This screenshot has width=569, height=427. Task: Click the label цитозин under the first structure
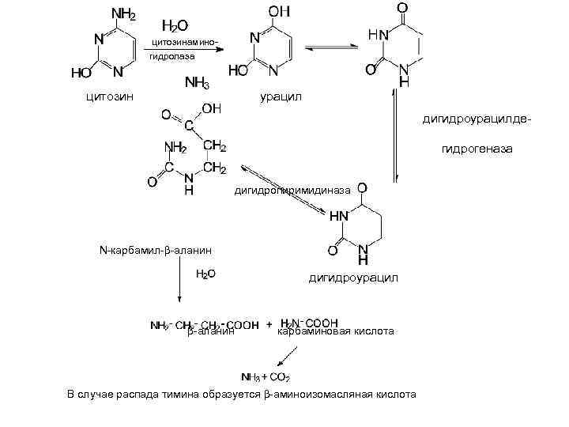[109, 96]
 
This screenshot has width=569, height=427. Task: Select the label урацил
[280, 96]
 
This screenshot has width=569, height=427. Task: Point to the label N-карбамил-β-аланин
[156, 251]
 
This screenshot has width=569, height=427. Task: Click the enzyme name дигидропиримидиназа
[291, 191]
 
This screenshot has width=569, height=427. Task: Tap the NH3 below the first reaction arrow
[197, 82]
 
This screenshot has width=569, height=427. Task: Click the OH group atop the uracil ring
[279, 12]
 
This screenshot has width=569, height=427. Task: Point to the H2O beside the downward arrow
[205, 274]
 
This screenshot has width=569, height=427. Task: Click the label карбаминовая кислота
[335, 331]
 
